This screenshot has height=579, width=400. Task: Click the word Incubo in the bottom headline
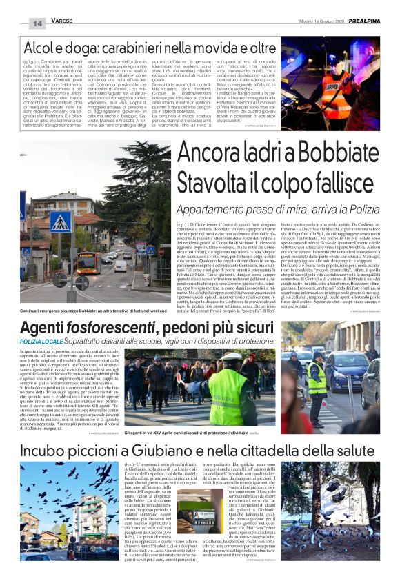pos(50,451)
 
